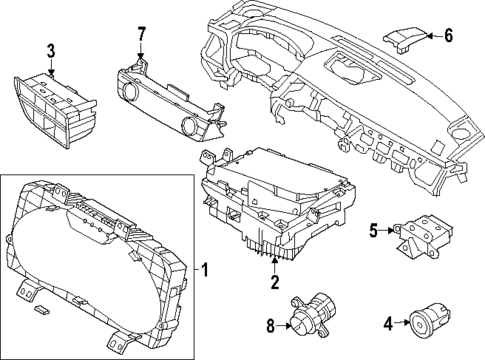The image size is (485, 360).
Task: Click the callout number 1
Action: [x=205, y=269]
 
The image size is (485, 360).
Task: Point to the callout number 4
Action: [x=388, y=322]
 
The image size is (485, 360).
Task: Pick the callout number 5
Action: [x=373, y=231]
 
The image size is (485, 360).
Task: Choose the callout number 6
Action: [x=449, y=36]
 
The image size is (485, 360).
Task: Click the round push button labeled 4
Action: [x=422, y=323]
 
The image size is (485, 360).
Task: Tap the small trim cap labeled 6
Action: [x=402, y=38]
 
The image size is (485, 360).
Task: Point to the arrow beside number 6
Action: [x=431, y=36]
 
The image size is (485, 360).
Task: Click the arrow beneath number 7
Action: [x=141, y=51]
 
